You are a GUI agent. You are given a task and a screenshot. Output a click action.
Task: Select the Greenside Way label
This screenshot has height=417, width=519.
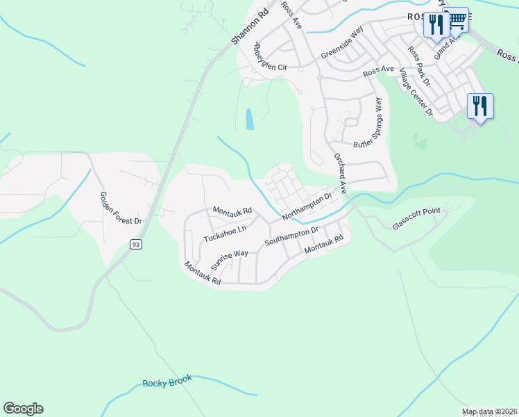pos(342,44)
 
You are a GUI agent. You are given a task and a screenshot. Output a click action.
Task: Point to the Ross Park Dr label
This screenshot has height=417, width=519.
pos(419,66)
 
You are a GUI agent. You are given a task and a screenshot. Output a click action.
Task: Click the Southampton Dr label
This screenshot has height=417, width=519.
pos(291,236)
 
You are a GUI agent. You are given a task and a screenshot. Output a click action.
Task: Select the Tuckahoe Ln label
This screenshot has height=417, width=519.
pos(225,234)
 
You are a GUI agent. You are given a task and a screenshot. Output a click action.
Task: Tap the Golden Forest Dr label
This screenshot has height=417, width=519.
pos(121,208)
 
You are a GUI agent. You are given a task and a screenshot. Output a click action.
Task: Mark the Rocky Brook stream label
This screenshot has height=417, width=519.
pos(167,382)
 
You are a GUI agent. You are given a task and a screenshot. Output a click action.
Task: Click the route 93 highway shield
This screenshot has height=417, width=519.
pos(136,244)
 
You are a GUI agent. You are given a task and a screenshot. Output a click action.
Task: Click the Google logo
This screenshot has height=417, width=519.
pos(23,409)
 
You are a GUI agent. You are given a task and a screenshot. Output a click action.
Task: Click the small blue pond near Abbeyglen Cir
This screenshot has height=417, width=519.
pos(249,120)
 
